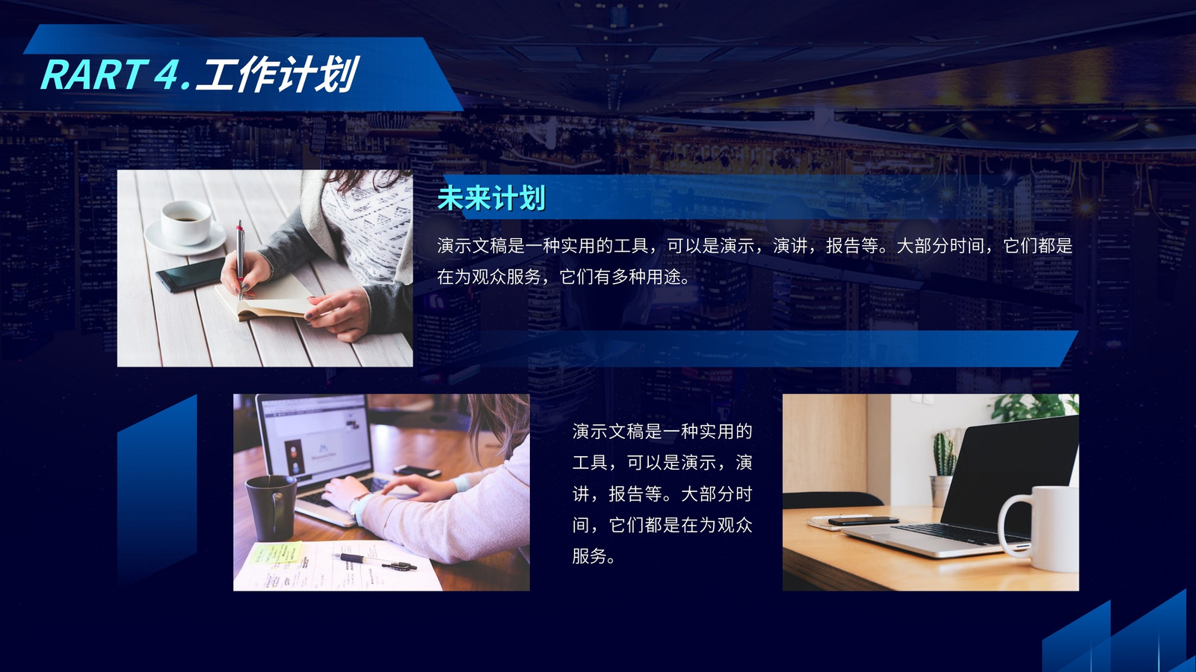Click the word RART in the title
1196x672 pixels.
[x=94, y=74]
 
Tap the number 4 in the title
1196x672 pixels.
[x=166, y=74]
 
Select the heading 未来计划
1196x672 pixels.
[x=491, y=198]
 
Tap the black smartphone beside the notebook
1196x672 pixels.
[x=191, y=274]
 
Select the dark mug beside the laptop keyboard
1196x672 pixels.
[x=270, y=507]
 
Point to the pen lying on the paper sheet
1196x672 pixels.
[x=374, y=561]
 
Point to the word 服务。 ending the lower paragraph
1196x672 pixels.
[x=594, y=556]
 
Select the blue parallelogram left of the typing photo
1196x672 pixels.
[x=157, y=491]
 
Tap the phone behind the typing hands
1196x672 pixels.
[x=417, y=471]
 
